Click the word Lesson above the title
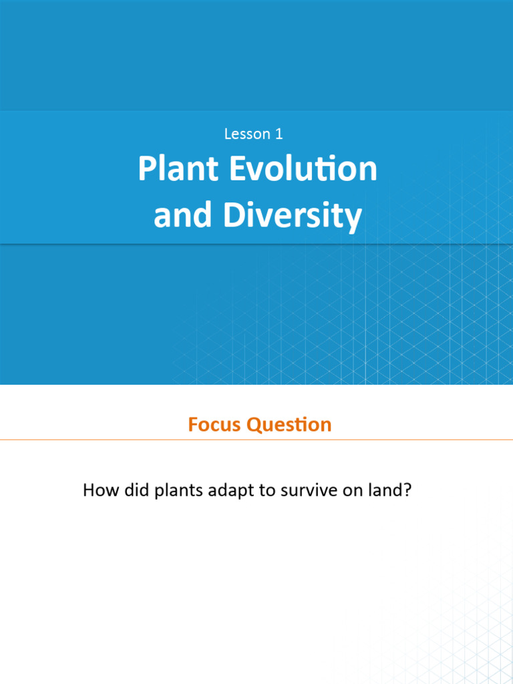click(246, 134)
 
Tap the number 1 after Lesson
click(279, 134)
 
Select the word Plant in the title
click(178, 170)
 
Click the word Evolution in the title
click(304, 170)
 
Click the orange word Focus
click(214, 425)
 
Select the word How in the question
click(97, 491)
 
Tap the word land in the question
click(386, 491)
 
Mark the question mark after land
click(407, 491)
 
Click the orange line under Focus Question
click(256, 440)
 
